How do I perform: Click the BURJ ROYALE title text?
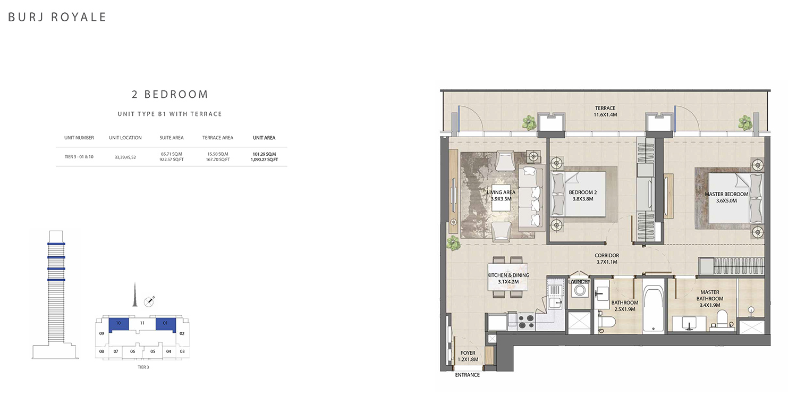[57, 17]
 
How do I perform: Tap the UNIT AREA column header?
[264, 138]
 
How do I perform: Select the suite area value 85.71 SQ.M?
[172, 154]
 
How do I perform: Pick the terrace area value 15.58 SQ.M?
[218, 154]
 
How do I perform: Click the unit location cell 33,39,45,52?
[125, 157]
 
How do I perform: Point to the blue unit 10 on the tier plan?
[118, 324]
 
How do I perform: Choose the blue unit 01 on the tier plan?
[165, 324]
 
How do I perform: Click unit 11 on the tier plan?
[142, 323]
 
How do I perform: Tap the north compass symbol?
[149, 301]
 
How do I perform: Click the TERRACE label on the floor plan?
[605, 108]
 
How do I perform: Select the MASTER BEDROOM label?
[726, 194]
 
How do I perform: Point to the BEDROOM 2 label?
[583, 192]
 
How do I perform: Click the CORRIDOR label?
[607, 255]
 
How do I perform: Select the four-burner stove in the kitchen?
[526, 321]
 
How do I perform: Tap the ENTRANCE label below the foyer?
[467, 375]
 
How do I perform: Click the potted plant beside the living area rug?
[453, 243]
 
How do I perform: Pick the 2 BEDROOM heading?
[169, 94]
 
